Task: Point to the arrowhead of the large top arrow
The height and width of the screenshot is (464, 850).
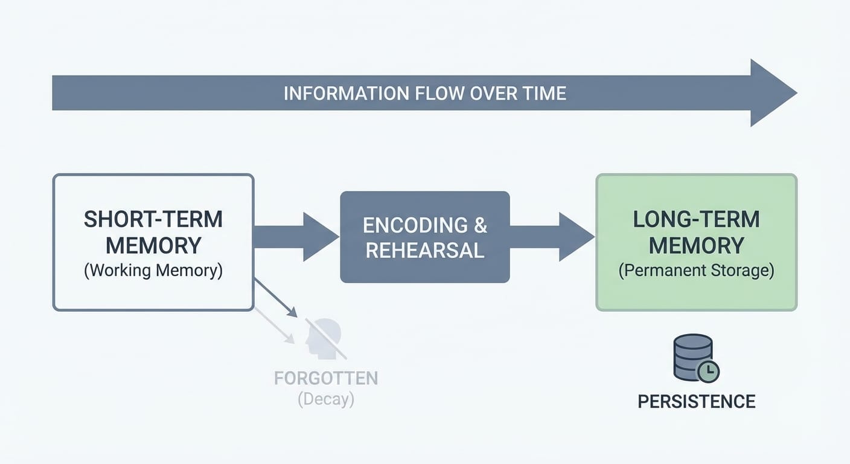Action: click(772, 93)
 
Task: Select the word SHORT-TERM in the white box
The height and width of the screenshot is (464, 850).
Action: click(153, 219)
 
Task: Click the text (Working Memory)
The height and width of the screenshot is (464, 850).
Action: click(153, 270)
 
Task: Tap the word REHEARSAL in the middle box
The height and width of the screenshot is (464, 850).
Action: click(424, 250)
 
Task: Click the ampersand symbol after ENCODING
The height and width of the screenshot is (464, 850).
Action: click(481, 225)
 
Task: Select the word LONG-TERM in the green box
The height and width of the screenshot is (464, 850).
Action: click(696, 219)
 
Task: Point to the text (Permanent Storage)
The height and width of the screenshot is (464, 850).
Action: click(696, 270)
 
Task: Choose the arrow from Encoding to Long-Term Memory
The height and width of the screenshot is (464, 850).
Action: click(552, 237)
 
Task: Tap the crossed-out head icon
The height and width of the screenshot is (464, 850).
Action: click(325, 338)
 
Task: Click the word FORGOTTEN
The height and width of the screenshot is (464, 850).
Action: click(326, 378)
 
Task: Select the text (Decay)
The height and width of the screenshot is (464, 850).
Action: click(326, 399)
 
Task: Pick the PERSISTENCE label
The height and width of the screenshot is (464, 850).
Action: click(696, 401)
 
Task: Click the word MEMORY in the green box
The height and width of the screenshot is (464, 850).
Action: click(696, 245)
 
